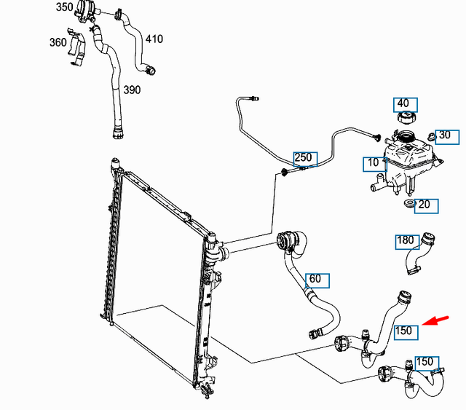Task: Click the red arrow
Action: click(x=435, y=321)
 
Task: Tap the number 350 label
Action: click(x=65, y=7)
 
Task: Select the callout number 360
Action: click(x=58, y=42)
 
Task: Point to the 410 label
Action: click(x=154, y=39)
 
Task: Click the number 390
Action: click(x=132, y=90)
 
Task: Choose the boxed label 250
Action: click(x=305, y=159)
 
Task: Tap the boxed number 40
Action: click(x=406, y=105)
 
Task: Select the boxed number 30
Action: click(x=447, y=137)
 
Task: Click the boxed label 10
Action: click(x=375, y=165)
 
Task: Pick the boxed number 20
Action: click(x=426, y=206)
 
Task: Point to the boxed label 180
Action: click(x=407, y=242)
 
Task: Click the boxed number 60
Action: click(x=317, y=280)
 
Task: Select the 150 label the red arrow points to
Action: click(x=406, y=332)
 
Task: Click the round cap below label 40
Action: click(x=406, y=117)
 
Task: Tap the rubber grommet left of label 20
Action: click(x=409, y=204)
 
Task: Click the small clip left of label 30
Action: click(x=430, y=137)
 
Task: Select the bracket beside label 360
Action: click(x=76, y=47)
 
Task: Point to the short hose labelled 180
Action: click(x=419, y=253)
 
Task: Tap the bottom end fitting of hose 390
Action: click(x=117, y=133)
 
